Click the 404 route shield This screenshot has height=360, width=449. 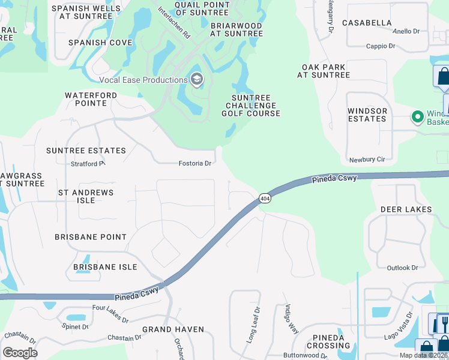tap(264, 198)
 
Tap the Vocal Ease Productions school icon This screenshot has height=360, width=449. tap(197, 79)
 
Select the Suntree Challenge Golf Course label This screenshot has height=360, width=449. tap(251, 106)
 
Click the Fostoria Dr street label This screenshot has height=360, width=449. tap(195, 163)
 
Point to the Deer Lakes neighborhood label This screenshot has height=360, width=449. tap(406, 209)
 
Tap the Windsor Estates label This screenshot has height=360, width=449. tap(367, 115)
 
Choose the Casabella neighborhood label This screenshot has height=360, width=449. tap(367, 23)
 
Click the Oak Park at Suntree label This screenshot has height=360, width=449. tap(323, 71)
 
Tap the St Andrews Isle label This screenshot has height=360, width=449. tap(85, 196)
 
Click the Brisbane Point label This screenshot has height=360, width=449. tap(91, 238)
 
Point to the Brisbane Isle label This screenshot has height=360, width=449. tap(105, 267)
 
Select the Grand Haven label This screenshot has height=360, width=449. tap(173, 329)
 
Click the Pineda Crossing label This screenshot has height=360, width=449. tap(328, 341)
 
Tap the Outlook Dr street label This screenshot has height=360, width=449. tap(402, 268)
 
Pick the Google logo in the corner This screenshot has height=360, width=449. tap(20, 352)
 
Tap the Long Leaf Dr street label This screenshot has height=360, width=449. tap(253, 326)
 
